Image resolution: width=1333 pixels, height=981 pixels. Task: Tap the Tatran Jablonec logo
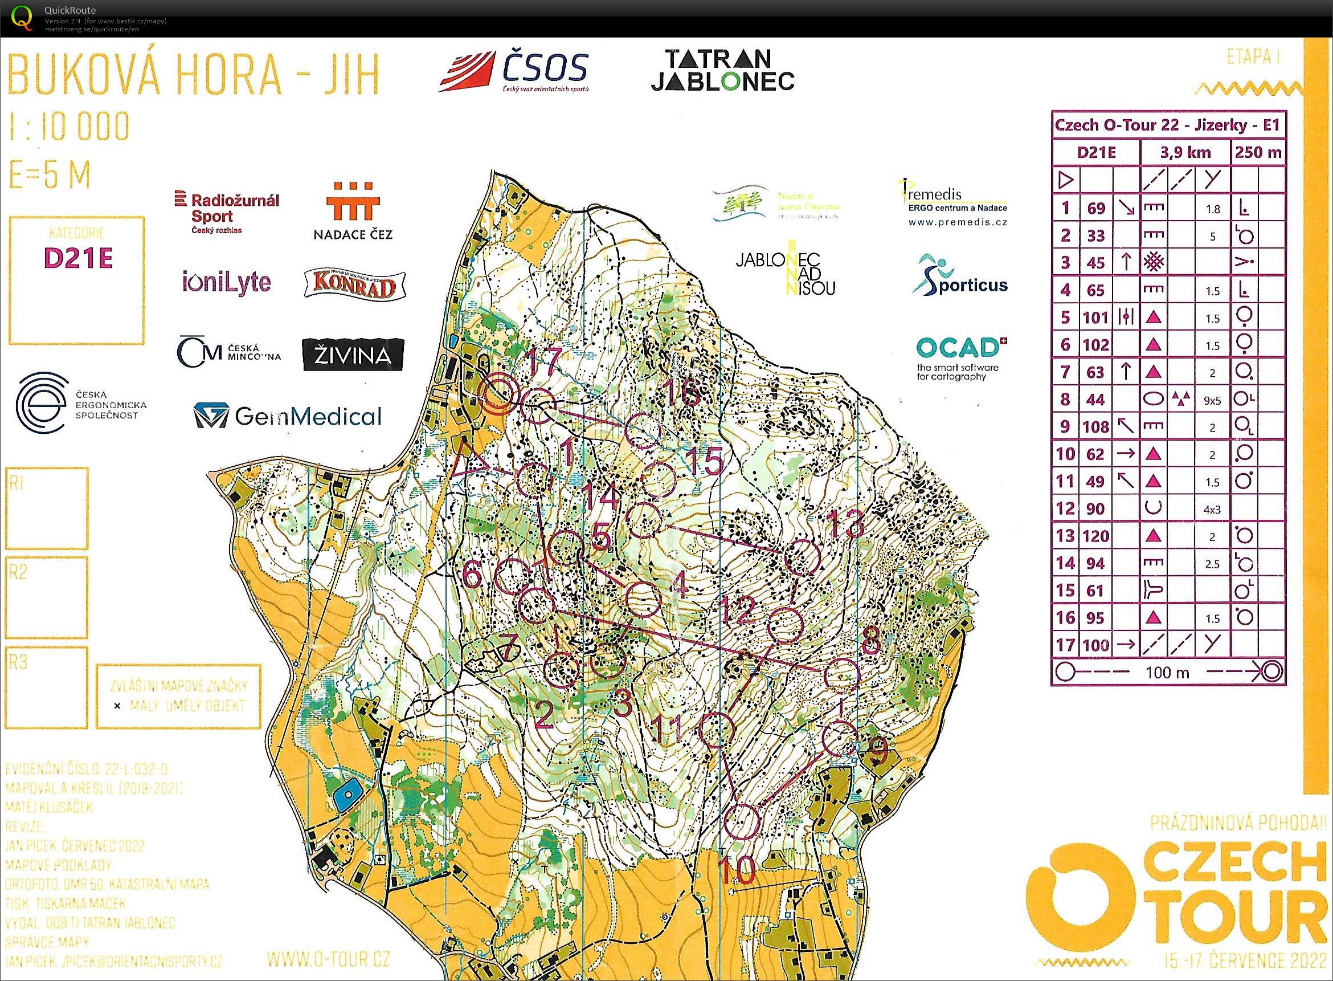coord(722,70)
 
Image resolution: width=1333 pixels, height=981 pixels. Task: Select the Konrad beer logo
coord(354,284)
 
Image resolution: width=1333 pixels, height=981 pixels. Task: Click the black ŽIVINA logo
coord(353,355)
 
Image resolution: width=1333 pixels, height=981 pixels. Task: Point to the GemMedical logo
coord(288,416)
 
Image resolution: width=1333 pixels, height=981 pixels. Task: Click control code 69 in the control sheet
coord(1095,208)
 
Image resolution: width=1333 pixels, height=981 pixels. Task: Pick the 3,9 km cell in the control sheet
coord(1185,153)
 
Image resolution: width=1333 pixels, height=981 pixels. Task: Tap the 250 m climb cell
coord(1258,153)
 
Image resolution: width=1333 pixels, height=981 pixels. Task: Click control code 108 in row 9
coord(1095,426)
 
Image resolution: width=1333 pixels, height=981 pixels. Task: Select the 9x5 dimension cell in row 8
coord(1212,400)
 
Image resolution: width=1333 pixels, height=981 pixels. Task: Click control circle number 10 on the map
coord(743,822)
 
